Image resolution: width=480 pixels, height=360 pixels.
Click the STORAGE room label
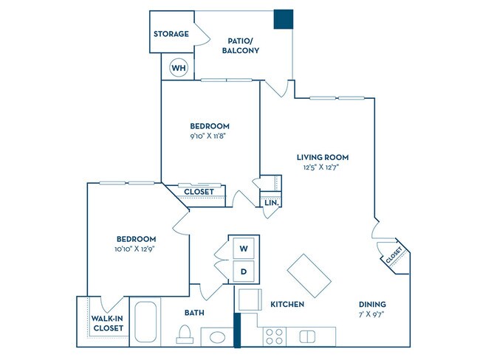tap(171, 34)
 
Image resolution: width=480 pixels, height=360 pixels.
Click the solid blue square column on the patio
tap(283, 20)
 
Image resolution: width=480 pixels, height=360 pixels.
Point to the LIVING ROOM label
tap(322, 157)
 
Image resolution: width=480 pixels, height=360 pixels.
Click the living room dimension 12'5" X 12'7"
tap(322, 167)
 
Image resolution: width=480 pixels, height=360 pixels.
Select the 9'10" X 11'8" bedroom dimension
tap(210, 136)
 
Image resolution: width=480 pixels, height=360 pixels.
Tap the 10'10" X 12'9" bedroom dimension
tap(136, 249)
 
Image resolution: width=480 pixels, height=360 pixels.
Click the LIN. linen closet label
tap(271, 201)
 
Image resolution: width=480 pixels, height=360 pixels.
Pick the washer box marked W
tap(244, 249)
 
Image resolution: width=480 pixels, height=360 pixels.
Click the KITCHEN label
tap(287, 304)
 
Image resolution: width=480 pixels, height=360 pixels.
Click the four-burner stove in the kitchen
tap(275, 336)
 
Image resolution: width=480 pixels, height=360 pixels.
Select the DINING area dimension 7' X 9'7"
tap(372, 314)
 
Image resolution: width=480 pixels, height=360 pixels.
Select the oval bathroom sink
tap(217, 337)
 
